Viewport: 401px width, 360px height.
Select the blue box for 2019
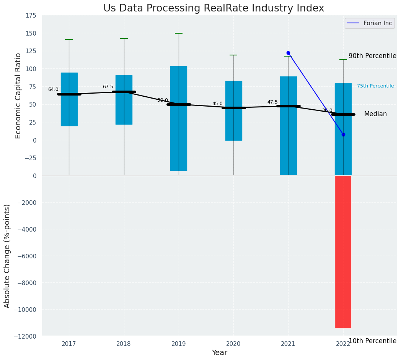pyautogui.click(x=179, y=118)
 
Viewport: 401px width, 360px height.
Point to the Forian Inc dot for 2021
pyautogui.click(x=288, y=53)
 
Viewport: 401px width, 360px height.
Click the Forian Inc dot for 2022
pyautogui.click(x=343, y=135)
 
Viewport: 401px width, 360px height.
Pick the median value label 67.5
pyautogui.click(x=108, y=87)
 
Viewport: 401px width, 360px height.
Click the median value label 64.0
pyautogui.click(x=53, y=89)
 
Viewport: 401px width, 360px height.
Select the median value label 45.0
pyautogui.click(x=217, y=104)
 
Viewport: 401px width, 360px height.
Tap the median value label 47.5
pyautogui.click(x=272, y=102)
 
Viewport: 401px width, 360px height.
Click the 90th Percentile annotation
pyautogui.click(x=372, y=56)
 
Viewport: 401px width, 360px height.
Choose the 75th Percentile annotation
pyautogui.click(x=375, y=86)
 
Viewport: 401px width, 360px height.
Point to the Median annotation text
pyautogui.click(x=375, y=114)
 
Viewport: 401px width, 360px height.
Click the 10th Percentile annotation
pyautogui.click(x=372, y=341)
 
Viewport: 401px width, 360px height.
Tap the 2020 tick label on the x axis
pyautogui.click(x=233, y=344)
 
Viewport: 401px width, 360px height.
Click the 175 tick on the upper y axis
pyautogui.click(x=31, y=16)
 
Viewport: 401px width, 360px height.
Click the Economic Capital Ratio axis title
pyautogui.click(x=18, y=96)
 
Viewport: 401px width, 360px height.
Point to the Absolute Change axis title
pyautogui.click(x=7, y=256)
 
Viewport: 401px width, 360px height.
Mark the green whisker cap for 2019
pyautogui.click(x=179, y=33)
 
